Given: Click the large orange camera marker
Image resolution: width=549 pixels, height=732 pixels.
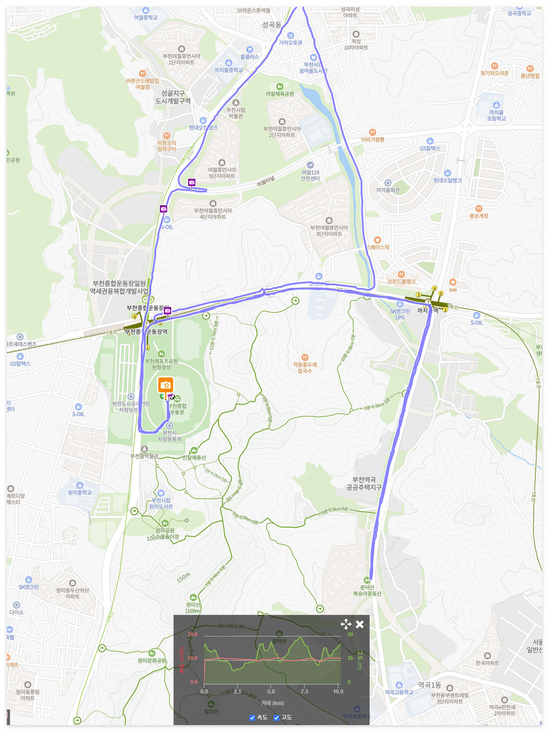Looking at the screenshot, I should pyautogui.click(x=166, y=385).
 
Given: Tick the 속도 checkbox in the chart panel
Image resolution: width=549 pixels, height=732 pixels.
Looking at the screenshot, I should pyautogui.click(x=252, y=718).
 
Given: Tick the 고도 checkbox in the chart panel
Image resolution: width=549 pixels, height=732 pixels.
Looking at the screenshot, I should pyautogui.click(x=277, y=718).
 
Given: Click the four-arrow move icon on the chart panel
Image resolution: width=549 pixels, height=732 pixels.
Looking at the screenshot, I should pyautogui.click(x=346, y=624).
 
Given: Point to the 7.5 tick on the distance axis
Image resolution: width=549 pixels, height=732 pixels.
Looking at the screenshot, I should pyautogui.click(x=305, y=692).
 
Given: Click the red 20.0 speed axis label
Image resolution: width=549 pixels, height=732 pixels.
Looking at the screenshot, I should pyautogui.click(x=192, y=634).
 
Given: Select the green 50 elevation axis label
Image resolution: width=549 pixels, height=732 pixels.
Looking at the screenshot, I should pyautogui.click(x=350, y=634).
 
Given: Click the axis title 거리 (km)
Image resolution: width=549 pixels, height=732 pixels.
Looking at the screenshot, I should pyautogui.click(x=272, y=703).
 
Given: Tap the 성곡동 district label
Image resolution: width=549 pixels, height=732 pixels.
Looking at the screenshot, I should pyautogui.click(x=271, y=25).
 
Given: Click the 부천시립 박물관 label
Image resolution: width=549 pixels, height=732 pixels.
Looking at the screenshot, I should pyautogui.click(x=235, y=113).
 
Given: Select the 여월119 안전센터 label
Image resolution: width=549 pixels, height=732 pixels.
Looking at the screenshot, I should pyautogui.click(x=310, y=175).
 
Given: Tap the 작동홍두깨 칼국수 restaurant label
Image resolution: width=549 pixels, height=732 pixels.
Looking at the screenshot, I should pyautogui.click(x=305, y=368).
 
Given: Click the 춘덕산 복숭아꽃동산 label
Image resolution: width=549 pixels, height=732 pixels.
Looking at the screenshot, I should pyautogui.click(x=367, y=590).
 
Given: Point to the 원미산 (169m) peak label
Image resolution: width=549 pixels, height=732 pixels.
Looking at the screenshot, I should pyautogui.click(x=193, y=608).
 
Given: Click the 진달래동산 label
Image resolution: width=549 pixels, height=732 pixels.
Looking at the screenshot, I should pyautogui.click(x=194, y=457).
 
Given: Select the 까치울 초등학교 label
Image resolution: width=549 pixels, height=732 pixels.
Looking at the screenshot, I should pyautogui.click(x=497, y=115).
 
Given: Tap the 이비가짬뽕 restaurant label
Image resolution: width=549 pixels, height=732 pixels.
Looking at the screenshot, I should pyautogui.click(x=373, y=139).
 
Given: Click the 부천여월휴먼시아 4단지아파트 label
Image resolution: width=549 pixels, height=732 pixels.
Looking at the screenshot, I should pyautogui.click(x=213, y=213).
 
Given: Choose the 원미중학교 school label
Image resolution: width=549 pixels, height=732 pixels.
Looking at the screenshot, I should pyautogui.click(x=80, y=492).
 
